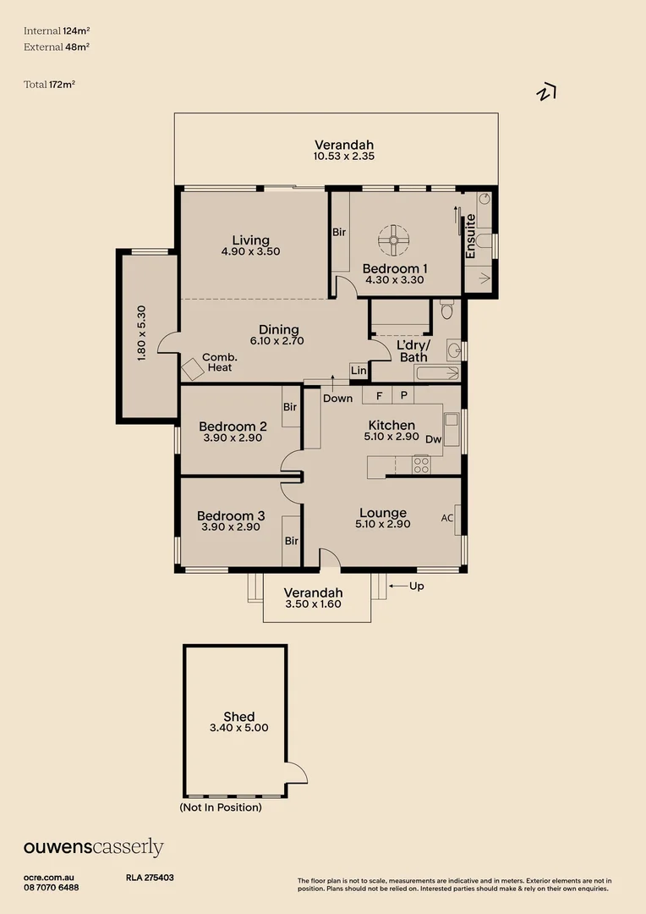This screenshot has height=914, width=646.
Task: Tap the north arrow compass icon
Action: point(546,92)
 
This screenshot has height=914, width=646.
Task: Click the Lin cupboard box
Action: point(359,371)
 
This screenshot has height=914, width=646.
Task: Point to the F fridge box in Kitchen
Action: point(379,395)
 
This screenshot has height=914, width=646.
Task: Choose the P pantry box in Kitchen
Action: point(403,395)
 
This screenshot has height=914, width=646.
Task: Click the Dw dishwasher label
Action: point(434,439)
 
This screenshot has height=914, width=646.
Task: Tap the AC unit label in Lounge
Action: point(447,518)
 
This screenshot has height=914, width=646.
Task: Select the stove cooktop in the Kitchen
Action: point(420,464)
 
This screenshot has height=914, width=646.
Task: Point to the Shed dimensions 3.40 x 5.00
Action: point(239,727)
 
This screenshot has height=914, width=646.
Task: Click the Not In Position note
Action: point(221,807)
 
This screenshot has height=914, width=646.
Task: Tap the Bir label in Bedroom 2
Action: point(290,407)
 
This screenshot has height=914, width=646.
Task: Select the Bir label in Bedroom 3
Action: point(291,541)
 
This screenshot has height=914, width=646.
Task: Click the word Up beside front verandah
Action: point(416,586)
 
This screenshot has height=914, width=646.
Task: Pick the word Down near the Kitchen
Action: point(337,399)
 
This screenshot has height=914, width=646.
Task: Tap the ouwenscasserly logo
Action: point(93,847)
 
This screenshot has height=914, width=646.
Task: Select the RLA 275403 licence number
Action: point(150,878)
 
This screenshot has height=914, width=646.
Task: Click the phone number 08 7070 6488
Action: point(52,887)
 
